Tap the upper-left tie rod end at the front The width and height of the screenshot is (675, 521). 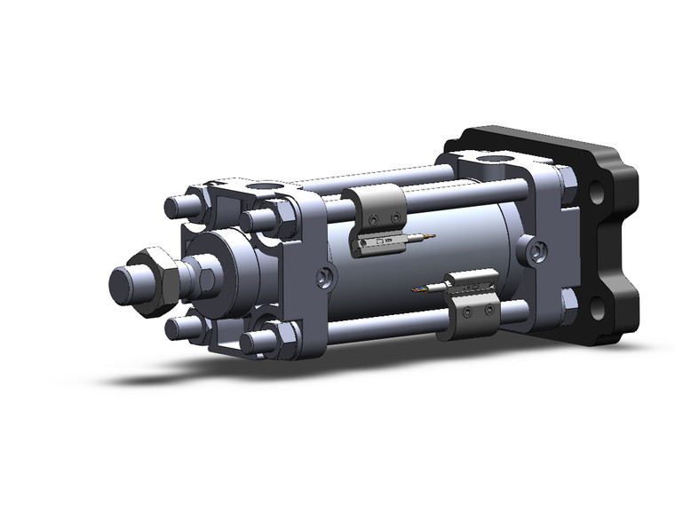tap(176, 208)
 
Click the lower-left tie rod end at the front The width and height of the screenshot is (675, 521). tap(177, 328)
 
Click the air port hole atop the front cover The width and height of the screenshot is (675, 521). tap(263, 187)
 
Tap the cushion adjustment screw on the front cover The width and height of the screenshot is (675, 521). tap(326, 279)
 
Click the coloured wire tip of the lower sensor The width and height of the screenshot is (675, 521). tap(418, 289)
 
